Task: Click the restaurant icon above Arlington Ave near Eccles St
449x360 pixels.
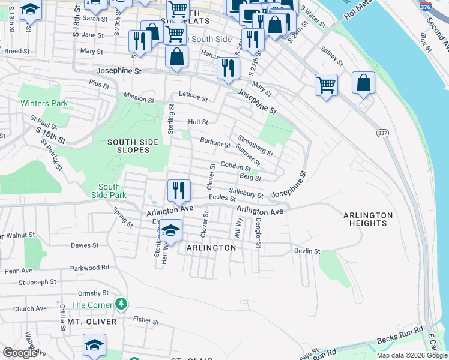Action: coord(179,191)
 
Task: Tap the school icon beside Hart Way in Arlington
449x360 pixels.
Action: coord(170,230)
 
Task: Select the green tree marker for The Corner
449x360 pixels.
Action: coord(122,304)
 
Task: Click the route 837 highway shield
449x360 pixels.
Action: coord(382,133)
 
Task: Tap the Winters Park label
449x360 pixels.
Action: coord(44,103)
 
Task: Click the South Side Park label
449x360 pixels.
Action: coord(109,191)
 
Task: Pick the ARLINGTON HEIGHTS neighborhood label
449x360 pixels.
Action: coord(368,219)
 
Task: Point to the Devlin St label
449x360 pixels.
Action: coord(306,250)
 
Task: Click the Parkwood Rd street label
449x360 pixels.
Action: coord(89,268)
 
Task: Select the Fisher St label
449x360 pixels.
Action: coord(146,321)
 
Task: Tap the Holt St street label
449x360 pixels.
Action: coord(198,122)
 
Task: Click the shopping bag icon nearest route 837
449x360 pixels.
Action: coord(363,83)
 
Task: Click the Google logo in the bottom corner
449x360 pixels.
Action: coord(19,353)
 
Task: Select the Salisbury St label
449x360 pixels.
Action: coord(246,193)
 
